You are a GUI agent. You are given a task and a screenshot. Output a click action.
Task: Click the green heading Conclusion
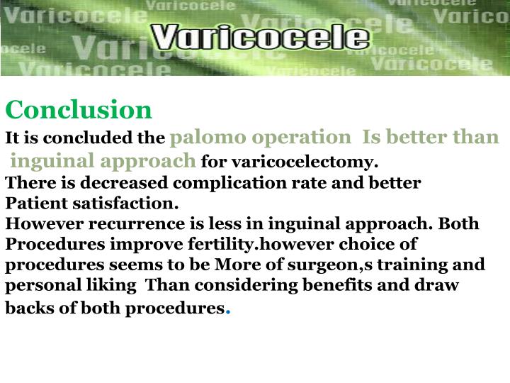79,110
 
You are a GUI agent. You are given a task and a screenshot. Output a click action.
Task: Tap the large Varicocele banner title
261,38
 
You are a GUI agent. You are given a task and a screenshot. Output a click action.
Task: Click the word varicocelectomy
317,161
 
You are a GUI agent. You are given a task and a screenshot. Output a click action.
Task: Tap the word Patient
36,204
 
